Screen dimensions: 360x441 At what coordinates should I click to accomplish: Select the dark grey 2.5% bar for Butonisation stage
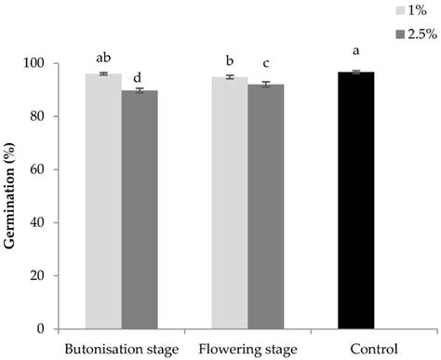point(140,209)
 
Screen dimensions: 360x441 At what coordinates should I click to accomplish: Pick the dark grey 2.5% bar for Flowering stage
point(265,207)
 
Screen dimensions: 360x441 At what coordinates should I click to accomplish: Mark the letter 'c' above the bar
point(265,63)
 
